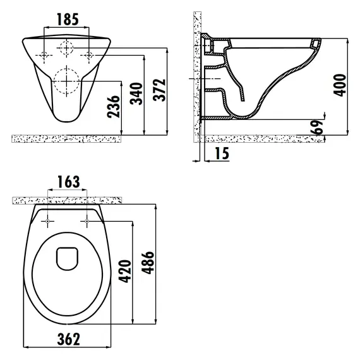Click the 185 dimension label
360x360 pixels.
click(x=68, y=20)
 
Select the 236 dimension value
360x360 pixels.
click(x=114, y=107)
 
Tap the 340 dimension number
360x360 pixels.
click(x=136, y=93)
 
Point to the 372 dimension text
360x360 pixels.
click(x=159, y=90)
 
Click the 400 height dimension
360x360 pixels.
click(x=340, y=85)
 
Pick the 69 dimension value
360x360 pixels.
click(x=317, y=127)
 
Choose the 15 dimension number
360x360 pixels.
click(x=222, y=153)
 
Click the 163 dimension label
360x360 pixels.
click(x=69, y=182)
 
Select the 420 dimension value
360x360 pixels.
click(x=125, y=271)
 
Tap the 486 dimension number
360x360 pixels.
click(x=148, y=263)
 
